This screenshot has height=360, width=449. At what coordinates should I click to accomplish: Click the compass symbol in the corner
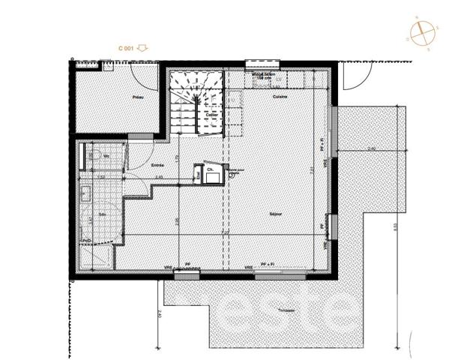coord(422,33)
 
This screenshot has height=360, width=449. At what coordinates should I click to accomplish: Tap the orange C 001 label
coord(127,48)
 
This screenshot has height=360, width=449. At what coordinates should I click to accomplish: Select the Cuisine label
coord(280,97)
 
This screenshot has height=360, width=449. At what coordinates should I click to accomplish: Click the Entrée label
coord(157,165)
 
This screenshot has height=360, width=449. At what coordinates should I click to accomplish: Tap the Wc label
coord(107,157)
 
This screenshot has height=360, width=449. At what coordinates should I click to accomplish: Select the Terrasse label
coord(283,310)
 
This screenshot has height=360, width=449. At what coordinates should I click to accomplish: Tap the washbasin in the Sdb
coord(85,194)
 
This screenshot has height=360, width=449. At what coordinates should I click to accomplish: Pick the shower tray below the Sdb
coord(96,257)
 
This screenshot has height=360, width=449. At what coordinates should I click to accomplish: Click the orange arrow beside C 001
coord(143,48)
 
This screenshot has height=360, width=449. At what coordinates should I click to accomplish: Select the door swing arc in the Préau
coord(145,75)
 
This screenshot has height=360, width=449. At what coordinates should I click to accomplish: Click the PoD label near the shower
coord(87,241)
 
